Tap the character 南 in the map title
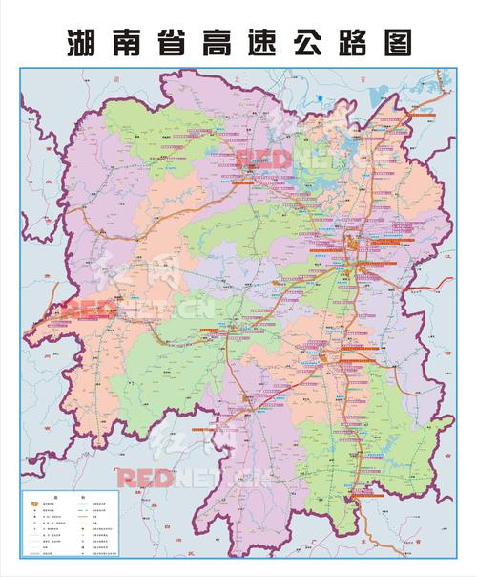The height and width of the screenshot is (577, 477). [x=128, y=42]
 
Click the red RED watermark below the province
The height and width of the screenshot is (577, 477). [x=144, y=477]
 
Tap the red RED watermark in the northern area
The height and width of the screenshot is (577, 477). [x=262, y=157]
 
